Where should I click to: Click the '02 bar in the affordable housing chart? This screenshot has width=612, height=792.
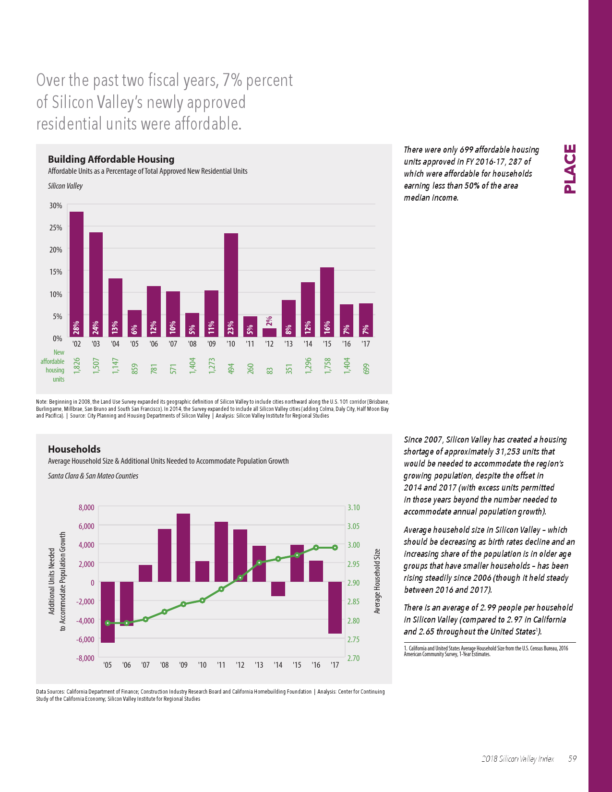76,274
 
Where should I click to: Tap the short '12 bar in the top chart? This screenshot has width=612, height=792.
269,332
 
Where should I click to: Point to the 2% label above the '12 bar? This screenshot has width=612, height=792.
269,321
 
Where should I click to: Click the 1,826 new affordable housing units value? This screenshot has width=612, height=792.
76,366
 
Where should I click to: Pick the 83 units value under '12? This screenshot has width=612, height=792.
270,371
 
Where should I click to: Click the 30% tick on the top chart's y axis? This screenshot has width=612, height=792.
56,205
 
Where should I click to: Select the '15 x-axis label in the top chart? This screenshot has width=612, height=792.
327,344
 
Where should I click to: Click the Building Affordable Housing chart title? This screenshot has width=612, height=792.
111,159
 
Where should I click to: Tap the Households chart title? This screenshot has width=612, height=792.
74,449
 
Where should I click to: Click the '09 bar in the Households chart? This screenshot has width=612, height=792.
183,548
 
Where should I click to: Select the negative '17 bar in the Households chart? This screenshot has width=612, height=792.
335,608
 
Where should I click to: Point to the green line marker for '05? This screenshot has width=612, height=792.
108,623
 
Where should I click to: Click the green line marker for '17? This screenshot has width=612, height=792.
335,548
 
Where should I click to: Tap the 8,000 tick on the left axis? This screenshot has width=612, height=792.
86,507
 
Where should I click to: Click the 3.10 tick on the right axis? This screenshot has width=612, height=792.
353,507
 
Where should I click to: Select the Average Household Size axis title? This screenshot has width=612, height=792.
377,581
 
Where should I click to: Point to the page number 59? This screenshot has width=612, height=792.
572,759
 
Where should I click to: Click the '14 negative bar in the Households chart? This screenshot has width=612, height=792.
278,589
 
